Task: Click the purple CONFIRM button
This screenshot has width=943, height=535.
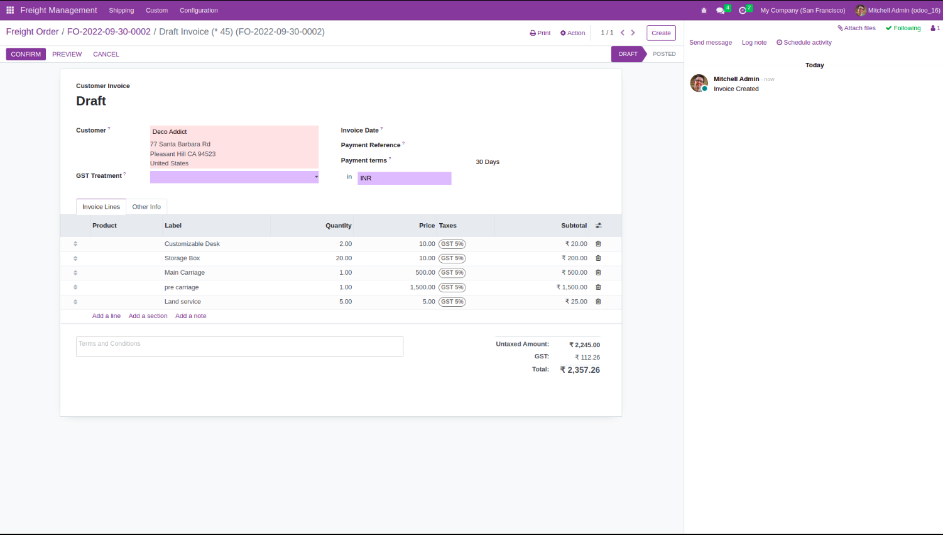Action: tap(26, 54)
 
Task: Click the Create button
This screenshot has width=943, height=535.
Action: tap(661, 33)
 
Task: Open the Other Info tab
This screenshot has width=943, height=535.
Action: tap(146, 207)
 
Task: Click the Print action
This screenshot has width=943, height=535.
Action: tap(540, 33)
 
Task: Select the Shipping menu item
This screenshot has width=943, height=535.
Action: tap(121, 11)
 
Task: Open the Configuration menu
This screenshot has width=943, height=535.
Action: tap(199, 11)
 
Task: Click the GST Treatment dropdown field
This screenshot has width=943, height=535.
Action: tap(234, 177)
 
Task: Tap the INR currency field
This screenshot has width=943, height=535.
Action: tap(404, 179)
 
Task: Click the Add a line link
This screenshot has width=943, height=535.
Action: tap(106, 316)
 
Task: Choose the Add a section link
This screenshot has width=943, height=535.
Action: tap(148, 316)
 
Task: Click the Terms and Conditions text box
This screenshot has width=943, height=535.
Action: tap(239, 346)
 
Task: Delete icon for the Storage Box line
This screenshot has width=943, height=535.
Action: tap(598, 258)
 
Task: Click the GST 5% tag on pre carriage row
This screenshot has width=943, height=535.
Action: tap(452, 287)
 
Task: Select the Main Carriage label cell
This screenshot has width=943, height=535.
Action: tap(185, 273)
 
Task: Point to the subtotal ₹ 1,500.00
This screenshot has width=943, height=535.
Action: tap(572, 287)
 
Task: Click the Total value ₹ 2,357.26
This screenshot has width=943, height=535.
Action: tap(580, 370)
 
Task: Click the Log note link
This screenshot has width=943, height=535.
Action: tap(754, 43)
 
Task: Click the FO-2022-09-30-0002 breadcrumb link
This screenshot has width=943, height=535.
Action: tap(109, 32)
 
